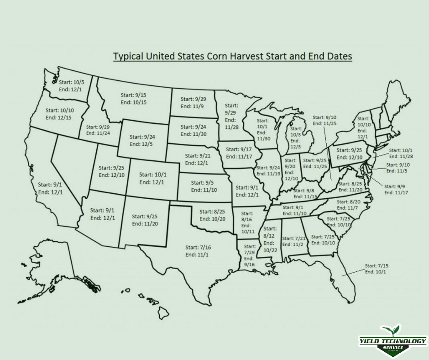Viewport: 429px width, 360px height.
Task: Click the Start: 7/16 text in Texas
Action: point(198,247)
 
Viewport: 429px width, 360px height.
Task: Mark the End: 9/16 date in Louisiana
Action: point(249,264)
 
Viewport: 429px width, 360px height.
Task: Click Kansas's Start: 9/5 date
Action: point(203,182)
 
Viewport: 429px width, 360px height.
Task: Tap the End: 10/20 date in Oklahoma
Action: point(213,218)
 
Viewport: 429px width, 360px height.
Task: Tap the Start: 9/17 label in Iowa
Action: point(239,149)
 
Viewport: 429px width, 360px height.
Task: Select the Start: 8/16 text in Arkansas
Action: point(246,216)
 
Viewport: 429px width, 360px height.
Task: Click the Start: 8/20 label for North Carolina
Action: point(349,201)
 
